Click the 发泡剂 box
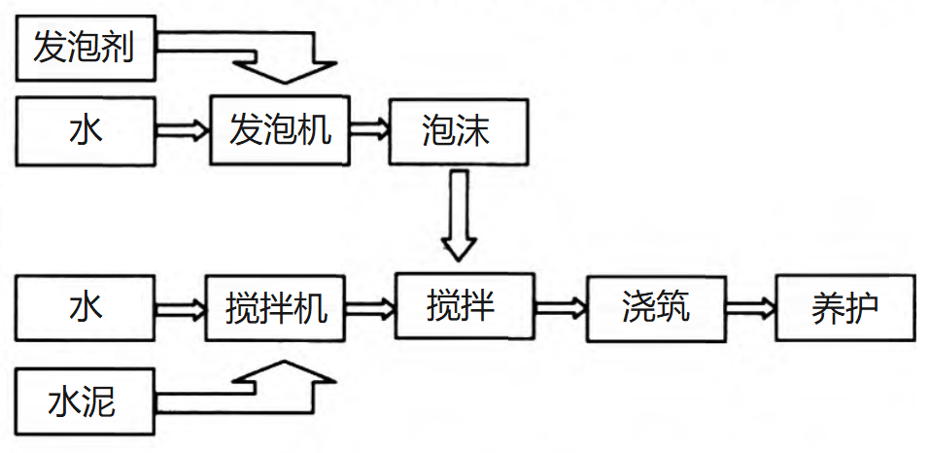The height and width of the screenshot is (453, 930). point(86,48)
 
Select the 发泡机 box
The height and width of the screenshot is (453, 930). point(280,130)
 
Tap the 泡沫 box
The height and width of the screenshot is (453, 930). point(457,130)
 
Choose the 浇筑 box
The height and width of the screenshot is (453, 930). point(656,308)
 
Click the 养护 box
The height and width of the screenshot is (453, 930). point(844,308)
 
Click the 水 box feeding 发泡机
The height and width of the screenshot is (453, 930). point(86,130)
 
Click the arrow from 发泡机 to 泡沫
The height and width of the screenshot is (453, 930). point(369,127)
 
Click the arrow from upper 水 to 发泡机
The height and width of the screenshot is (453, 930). point(182,127)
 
